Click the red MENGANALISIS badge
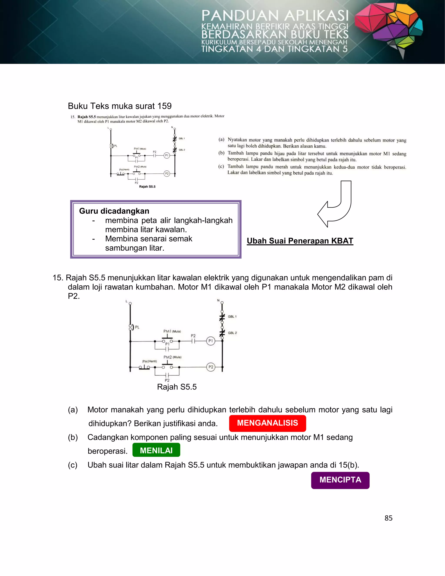coord(267,423)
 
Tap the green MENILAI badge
coord(156,450)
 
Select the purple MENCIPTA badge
coord(340,480)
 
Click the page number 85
coord(388,518)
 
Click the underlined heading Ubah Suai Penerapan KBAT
coord(300,241)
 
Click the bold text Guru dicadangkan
coord(114,211)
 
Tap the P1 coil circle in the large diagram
coord(210,341)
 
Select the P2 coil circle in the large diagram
coord(211,367)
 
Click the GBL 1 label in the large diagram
coord(232,316)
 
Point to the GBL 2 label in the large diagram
coord(232,333)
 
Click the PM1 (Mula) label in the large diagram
coord(172,331)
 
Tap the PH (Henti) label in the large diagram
coord(149,361)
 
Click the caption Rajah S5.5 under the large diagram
coord(177,387)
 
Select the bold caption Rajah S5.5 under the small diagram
coord(147,186)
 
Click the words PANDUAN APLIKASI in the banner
coord(275,16)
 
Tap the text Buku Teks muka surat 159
coord(120,106)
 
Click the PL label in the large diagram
coord(137,327)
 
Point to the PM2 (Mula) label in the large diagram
coord(172,357)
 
